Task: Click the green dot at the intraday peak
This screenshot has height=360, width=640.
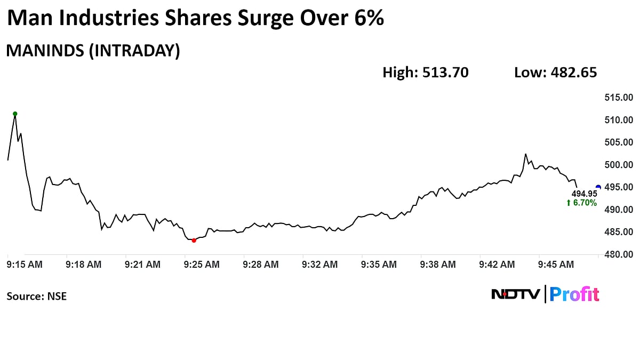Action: [x=15, y=114]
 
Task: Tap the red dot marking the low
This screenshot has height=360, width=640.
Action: [x=194, y=241]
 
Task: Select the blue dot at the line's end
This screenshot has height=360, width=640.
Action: [x=598, y=187]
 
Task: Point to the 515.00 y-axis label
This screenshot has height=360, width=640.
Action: [x=618, y=98]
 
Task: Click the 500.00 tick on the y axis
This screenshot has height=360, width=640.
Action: [x=618, y=165]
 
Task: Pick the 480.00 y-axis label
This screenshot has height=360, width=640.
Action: [x=618, y=254]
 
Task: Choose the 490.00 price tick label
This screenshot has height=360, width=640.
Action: [x=618, y=210]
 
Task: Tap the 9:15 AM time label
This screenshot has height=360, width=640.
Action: [x=25, y=264]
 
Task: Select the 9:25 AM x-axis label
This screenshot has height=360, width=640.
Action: [x=202, y=264]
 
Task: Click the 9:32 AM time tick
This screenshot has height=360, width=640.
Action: [x=319, y=264]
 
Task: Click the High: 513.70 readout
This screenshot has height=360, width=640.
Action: [x=426, y=73]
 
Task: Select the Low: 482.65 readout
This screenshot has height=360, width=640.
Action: [x=555, y=73]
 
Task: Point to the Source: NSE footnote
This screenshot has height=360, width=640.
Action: [x=37, y=296]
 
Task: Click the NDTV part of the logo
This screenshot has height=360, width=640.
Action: [x=515, y=294]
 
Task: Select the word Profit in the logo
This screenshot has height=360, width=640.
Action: [x=574, y=294]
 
